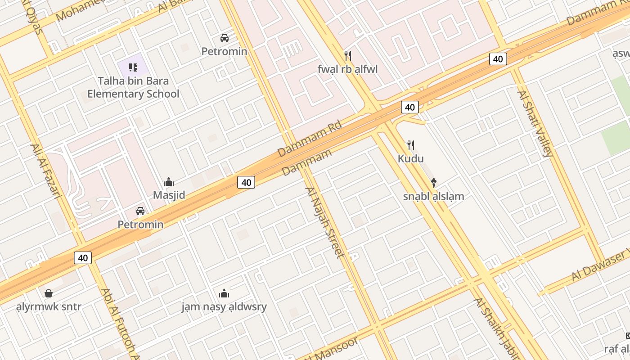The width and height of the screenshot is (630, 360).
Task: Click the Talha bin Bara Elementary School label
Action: (x=133, y=87)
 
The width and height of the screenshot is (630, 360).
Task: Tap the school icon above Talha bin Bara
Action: (x=133, y=67)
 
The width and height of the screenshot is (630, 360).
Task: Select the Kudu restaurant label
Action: (x=410, y=158)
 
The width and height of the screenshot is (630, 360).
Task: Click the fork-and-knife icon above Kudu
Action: (x=410, y=145)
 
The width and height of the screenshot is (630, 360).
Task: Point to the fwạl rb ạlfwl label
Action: (x=347, y=69)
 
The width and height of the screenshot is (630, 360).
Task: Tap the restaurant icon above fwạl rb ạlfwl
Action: (x=347, y=56)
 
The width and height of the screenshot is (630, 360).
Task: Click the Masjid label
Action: (x=169, y=195)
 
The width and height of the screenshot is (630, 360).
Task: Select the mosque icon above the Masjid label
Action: (x=169, y=182)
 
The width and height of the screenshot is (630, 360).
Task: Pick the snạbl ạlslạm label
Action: (x=433, y=196)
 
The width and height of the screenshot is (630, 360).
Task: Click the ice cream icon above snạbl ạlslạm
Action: (x=433, y=183)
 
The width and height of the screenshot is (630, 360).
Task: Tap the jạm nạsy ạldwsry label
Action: (x=224, y=307)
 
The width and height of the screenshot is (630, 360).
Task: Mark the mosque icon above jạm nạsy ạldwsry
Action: (x=224, y=294)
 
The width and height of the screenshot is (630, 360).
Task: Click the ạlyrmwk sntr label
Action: (x=49, y=307)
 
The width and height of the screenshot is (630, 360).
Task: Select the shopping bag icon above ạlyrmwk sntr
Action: (x=49, y=294)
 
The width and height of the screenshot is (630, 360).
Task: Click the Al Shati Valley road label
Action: (x=535, y=124)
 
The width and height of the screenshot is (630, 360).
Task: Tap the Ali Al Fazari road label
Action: (x=45, y=171)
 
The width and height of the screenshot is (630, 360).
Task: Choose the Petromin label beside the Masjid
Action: (x=140, y=224)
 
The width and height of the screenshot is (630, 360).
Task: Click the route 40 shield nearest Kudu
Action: (x=409, y=107)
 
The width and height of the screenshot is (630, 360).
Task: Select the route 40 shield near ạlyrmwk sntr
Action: (x=83, y=258)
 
